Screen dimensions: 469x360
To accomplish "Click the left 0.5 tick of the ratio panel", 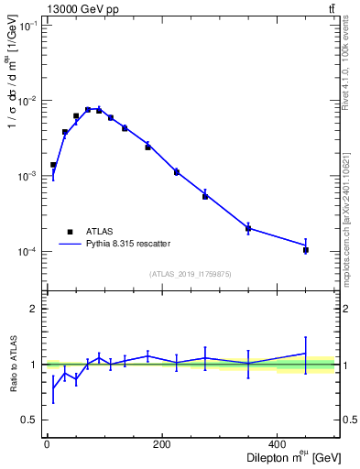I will pos(29,420).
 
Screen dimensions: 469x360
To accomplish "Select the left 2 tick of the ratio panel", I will pos(34,309).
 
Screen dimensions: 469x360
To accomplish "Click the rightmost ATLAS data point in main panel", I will pos(306,250).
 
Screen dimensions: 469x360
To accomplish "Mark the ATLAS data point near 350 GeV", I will pos(248,229).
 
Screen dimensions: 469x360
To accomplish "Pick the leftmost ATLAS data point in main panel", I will pos(53,165).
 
